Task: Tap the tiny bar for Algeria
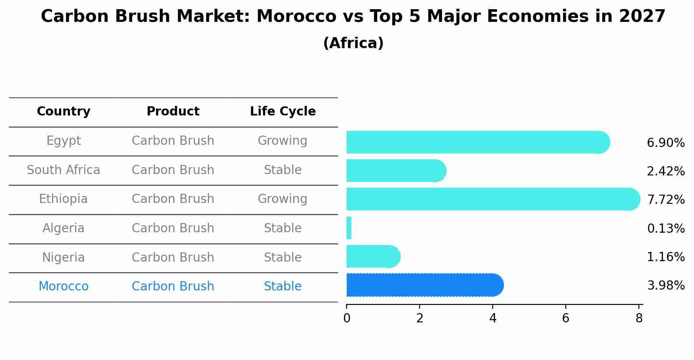(x=349, y=228)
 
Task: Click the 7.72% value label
(x=666, y=200)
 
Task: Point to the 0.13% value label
(x=666, y=228)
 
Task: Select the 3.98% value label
(x=666, y=286)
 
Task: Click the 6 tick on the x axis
(x=565, y=318)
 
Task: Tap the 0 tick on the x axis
(x=347, y=318)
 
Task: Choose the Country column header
(x=63, y=112)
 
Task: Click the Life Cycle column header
(x=283, y=112)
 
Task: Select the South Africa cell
(x=63, y=170)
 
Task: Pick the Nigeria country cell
(x=63, y=258)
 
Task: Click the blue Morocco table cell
(x=63, y=287)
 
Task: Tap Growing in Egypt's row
(x=282, y=141)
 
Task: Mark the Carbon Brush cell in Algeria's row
(x=173, y=228)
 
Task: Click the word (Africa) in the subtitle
(x=353, y=43)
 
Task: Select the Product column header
(x=173, y=112)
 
